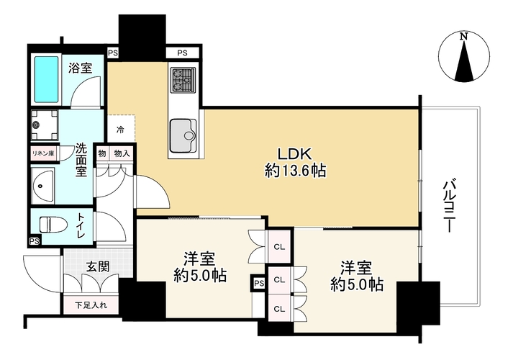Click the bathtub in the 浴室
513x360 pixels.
pos(47,79)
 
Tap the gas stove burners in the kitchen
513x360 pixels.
pos(183,80)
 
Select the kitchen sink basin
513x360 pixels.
pos(182,135)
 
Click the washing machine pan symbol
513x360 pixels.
pos(45,125)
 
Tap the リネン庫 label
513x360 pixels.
pos(43,153)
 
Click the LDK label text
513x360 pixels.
pos(296,153)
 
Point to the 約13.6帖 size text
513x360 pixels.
pos(296,171)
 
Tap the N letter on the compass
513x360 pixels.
pos(463,36)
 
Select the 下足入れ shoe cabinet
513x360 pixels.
pos(91,305)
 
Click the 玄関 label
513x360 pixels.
pos(98,266)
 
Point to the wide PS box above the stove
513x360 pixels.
pos(182,53)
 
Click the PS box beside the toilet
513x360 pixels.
pos(35,241)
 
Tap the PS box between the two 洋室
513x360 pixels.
pos(259,284)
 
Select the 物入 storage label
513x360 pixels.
pos(122,153)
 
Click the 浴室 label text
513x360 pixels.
pos(81,68)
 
